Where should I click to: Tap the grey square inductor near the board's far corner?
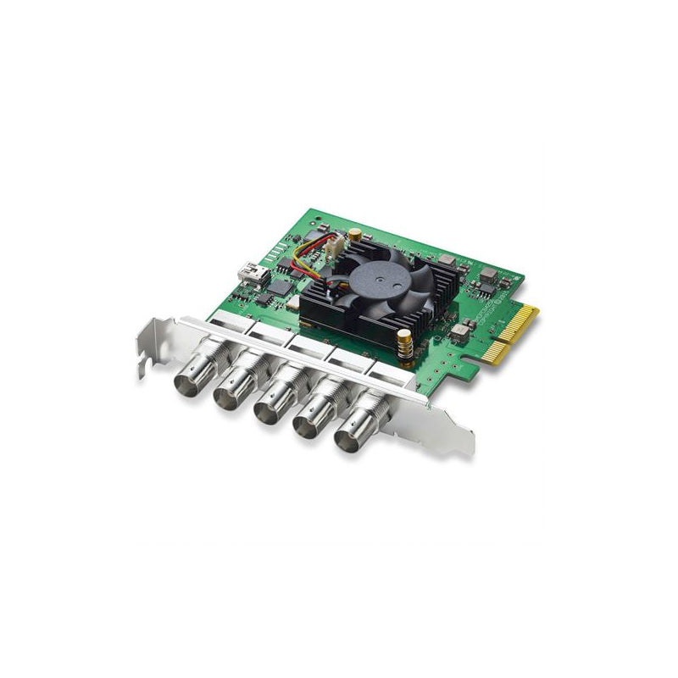pyautogui.click(x=490, y=273)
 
